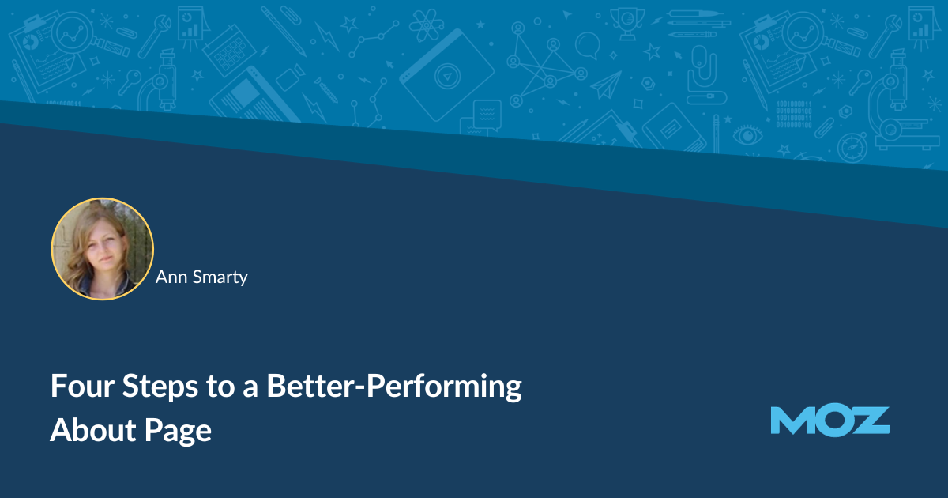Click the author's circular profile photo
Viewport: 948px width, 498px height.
[103, 249]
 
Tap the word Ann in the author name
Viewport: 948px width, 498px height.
[171, 277]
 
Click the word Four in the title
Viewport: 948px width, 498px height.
[82, 386]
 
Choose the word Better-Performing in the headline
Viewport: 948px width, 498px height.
[394, 387]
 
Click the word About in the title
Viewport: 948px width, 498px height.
[93, 430]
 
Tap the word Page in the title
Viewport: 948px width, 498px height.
[179, 432]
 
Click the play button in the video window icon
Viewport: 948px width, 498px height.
[447, 77]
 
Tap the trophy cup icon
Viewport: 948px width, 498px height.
[626, 24]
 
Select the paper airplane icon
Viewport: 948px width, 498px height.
[607, 85]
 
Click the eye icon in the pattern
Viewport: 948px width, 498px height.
[747, 135]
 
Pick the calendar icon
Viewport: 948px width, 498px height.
[229, 50]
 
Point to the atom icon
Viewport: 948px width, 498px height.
[426, 25]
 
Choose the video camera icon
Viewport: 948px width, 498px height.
[292, 78]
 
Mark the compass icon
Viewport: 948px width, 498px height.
[852, 147]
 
